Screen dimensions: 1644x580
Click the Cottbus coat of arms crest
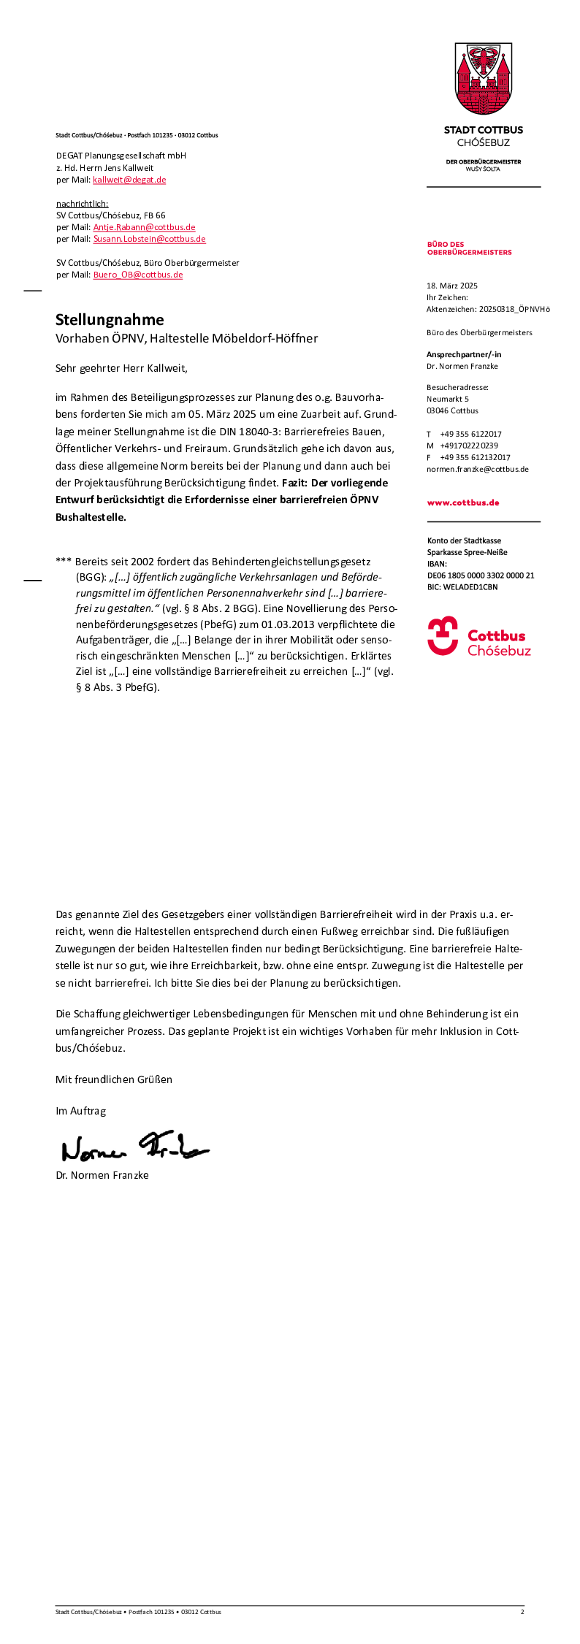click(483, 78)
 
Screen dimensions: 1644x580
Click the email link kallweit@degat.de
click(129, 180)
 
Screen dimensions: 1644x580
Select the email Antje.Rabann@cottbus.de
click(144, 227)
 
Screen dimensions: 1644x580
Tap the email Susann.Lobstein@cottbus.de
click(149, 239)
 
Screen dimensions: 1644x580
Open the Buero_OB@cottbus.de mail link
click(138, 275)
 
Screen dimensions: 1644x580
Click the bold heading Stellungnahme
click(110, 319)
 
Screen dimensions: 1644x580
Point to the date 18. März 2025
click(451, 286)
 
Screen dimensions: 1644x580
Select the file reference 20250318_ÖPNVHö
click(514, 309)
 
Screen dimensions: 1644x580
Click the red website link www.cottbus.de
click(463, 502)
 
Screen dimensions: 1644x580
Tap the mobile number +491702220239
click(469, 446)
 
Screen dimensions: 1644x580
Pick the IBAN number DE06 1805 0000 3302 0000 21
click(481, 576)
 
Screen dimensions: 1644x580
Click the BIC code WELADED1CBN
click(470, 587)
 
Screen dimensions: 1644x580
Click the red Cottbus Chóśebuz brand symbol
click(443, 635)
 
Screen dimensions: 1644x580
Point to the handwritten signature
click(134, 1147)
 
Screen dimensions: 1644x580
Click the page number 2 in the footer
click(522, 1612)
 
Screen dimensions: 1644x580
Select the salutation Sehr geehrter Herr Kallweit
click(121, 368)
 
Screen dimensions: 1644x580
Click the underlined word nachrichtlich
click(82, 204)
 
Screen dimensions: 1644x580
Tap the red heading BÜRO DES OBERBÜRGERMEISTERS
click(469, 248)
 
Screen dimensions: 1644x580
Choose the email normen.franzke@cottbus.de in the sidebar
click(477, 469)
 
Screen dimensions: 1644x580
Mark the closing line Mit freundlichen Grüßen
click(114, 1079)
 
